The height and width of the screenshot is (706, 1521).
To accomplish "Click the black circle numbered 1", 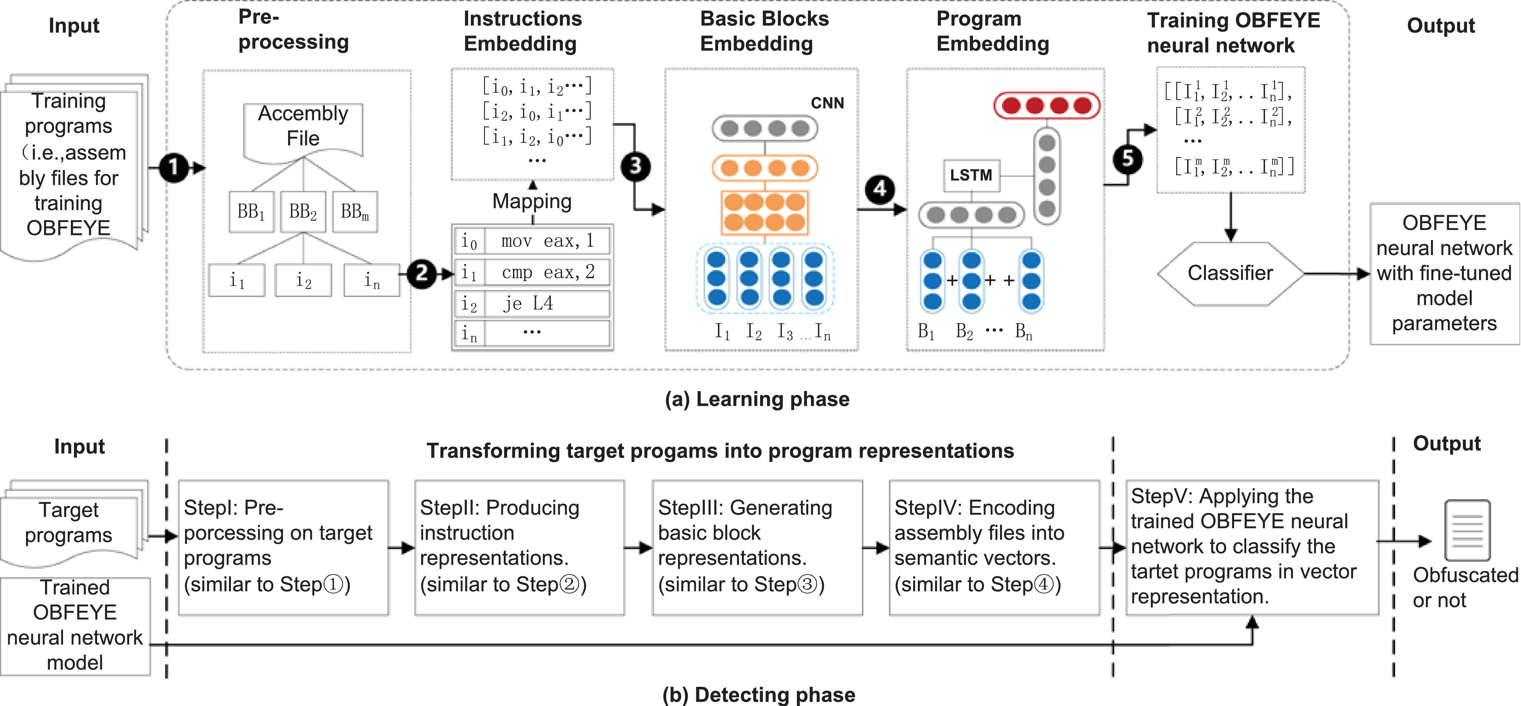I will coord(174,168).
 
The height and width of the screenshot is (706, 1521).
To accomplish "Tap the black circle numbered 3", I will coord(635,166).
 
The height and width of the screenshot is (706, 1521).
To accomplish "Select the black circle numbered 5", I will coord(1128,158).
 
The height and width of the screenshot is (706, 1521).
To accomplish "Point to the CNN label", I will coord(827,103).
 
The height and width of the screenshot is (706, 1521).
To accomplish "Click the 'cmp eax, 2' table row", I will coord(532,272).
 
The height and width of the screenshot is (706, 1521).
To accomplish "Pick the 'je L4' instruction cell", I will coord(546,304).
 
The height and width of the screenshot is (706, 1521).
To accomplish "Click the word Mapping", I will coord(532,201).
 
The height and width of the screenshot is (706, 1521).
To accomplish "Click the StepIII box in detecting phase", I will coord(757,547).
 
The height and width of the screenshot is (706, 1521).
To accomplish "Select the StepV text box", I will coord(1252,547).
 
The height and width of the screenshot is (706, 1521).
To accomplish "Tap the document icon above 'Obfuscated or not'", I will coord(1467,530).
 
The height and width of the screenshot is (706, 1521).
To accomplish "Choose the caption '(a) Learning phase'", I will coord(757,399).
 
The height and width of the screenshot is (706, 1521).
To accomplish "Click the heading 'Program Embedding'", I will coord(993,31).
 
